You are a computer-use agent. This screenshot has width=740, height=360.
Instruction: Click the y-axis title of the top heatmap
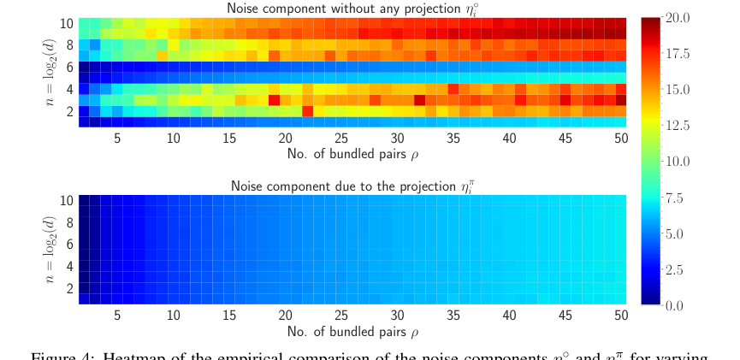53,74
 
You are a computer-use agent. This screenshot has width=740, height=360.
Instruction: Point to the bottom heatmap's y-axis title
53,251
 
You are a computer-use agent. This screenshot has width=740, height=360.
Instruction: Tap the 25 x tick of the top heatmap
341,138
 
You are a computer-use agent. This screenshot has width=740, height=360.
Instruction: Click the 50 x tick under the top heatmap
621,138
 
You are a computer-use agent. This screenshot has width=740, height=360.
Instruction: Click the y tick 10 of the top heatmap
67,22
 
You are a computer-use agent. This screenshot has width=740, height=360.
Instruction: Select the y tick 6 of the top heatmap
70,66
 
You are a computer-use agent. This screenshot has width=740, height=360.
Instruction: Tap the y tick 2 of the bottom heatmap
70,288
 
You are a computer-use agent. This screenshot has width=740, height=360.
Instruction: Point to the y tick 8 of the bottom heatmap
70,222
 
